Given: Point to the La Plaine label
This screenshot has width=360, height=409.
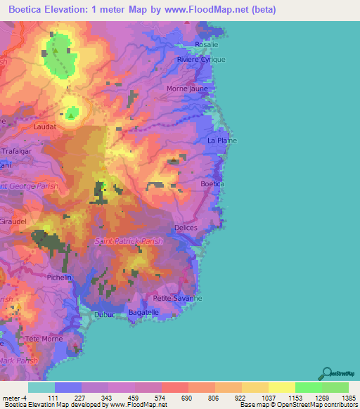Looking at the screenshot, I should click(221, 141).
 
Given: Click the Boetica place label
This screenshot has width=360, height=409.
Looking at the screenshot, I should click(212, 183).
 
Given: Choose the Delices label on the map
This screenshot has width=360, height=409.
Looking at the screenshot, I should click(185, 228).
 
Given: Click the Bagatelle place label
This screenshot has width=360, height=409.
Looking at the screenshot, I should click(144, 312).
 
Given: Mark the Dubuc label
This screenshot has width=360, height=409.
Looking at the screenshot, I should click(103, 314).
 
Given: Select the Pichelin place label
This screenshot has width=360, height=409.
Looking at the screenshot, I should click(59, 278).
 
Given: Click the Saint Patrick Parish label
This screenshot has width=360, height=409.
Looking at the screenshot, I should click(129, 241).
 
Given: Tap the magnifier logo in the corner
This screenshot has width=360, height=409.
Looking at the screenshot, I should click(326, 372).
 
